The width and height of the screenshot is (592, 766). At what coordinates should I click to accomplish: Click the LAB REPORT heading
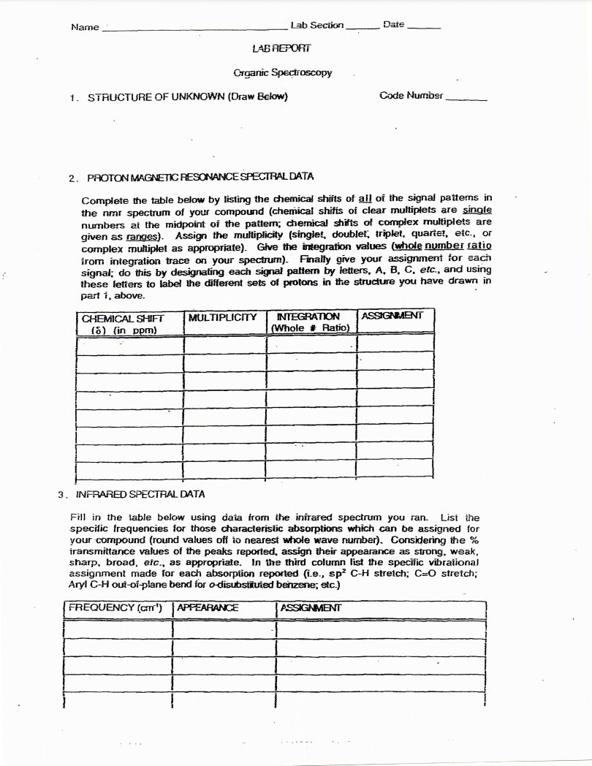(x=281, y=48)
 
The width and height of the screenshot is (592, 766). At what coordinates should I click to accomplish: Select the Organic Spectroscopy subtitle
(x=282, y=72)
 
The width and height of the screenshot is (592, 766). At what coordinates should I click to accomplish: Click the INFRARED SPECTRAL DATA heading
(x=140, y=494)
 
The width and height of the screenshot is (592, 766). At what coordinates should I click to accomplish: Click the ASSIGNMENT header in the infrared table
(x=311, y=607)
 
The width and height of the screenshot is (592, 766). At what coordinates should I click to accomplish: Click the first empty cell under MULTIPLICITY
(x=224, y=344)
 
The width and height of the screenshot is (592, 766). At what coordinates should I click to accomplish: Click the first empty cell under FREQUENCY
(x=117, y=629)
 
